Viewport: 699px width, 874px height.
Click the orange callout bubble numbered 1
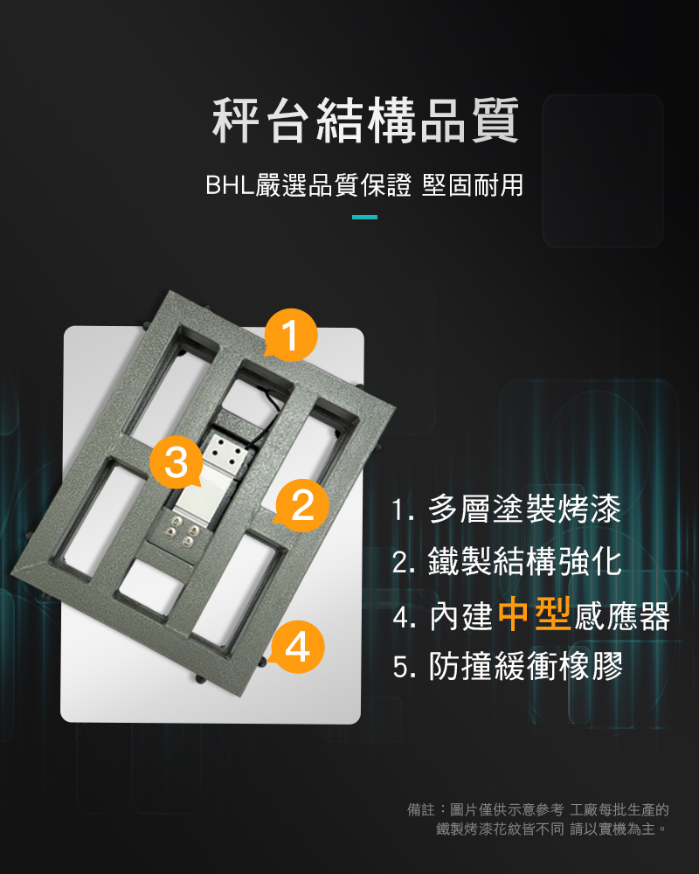290,335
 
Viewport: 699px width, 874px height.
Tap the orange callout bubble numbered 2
301,505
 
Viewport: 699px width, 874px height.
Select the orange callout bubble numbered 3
176,462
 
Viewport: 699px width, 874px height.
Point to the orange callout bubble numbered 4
297,647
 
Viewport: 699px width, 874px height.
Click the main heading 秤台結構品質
366,120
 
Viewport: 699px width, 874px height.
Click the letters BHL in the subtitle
230,185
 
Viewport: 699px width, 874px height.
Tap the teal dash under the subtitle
364,217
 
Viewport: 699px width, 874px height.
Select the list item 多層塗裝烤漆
524,509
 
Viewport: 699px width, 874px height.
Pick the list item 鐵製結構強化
524,561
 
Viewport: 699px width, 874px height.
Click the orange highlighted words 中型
534,614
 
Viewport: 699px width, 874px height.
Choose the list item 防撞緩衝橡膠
524,665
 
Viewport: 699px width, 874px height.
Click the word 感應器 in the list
621,616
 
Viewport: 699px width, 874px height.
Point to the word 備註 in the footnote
420,809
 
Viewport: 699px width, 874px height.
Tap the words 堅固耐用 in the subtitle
473,185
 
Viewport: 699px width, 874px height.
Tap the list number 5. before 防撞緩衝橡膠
405,667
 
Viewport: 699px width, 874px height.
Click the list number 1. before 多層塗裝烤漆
403,510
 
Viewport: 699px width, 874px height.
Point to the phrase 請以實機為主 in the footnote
612,829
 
